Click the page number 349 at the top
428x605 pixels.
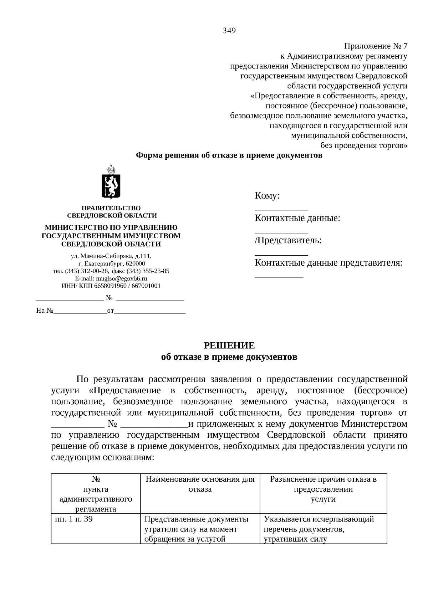pyautogui.click(x=229, y=31)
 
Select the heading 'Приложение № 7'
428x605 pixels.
pyautogui.click(x=375, y=46)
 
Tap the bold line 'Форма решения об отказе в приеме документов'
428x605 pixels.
pyautogui.click(x=229, y=155)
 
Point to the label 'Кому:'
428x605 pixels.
pyautogui.click(x=267, y=196)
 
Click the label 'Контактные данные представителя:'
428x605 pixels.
pyautogui.click(x=328, y=263)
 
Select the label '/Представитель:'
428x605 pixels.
pyautogui.click(x=288, y=241)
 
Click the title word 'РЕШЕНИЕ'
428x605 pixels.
pyautogui.click(x=229, y=345)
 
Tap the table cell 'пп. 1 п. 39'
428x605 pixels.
pyautogui.click(x=74, y=519)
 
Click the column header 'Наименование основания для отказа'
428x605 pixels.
pyautogui.click(x=200, y=484)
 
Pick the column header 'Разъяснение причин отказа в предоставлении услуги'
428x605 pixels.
pyautogui.click(x=323, y=489)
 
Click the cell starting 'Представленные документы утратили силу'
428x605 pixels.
pyautogui.click(x=196, y=529)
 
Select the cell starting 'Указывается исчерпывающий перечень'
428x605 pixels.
pyautogui.click(x=319, y=529)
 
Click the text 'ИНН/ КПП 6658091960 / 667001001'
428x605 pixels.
pyautogui.click(x=111, y=286)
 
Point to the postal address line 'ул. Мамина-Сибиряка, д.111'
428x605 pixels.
pyautogui.click(x=111, y=256)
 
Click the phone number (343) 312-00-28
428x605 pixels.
pyautogui.click(x=87, y=271)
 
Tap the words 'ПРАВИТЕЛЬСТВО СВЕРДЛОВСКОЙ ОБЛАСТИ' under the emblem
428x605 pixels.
pyautogui.click(x=112, y=212)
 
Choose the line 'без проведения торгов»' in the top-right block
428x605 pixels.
pyautogui.click(x=363, y=145)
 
